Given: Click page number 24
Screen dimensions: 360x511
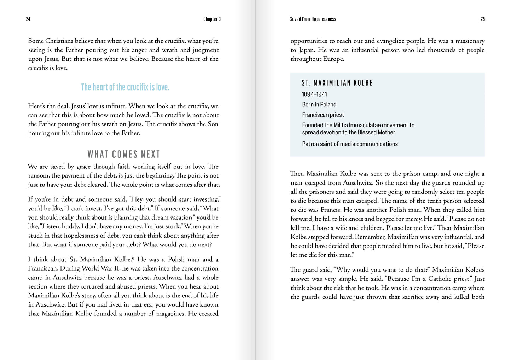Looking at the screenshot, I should coord(28,19).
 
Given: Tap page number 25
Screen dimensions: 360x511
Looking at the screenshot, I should coord(483,19).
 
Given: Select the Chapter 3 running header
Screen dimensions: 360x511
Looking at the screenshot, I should coord(212,19).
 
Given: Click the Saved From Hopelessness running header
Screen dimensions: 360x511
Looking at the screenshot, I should coord(313,19).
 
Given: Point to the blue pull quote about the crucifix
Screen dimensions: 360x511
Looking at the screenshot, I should coord(125,87).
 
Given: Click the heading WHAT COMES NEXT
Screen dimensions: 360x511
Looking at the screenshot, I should coord(124,154).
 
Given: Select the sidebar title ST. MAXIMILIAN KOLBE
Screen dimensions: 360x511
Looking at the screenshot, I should coord(337,83).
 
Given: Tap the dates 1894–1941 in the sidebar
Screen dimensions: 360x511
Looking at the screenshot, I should coord(314,94).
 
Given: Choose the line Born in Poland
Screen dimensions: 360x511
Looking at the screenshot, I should coord(319,104).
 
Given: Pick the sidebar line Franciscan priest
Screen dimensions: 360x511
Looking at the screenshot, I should coord(323,115).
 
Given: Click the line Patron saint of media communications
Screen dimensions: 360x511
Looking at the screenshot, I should coord(350,144).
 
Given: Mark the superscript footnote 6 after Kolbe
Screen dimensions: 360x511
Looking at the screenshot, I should coord(133,258).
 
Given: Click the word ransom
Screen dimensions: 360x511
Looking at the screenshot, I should coord(38,176).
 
